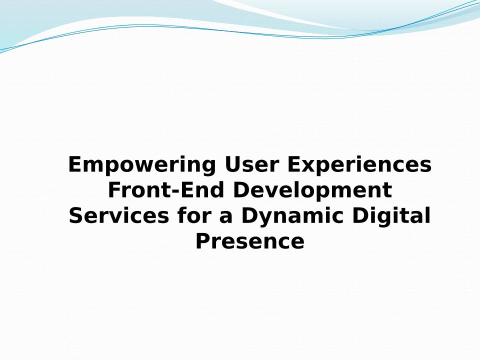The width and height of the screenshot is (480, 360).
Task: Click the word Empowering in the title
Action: pos(142,165)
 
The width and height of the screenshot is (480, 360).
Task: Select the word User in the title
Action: pos(251,164)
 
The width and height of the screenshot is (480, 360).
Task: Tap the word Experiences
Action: pos(359,165)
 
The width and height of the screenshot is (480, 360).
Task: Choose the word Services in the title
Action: pos(119,215)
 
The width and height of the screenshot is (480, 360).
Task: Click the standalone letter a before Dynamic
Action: pos(226,217)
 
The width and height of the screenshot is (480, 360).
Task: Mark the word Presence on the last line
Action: pos(250,241)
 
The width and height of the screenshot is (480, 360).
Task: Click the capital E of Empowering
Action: pos(75,164)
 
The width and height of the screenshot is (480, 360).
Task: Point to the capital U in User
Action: pos(232,164)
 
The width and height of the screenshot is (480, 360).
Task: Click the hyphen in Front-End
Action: pos(175,191)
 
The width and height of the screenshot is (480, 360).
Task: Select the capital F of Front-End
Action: pos(115,190)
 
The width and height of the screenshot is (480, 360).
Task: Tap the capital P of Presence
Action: pos(203,241)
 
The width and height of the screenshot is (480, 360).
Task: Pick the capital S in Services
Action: pos(76,215)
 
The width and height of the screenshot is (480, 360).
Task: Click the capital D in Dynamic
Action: pos(249,215)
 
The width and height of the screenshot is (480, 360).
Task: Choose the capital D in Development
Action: pos(241,190)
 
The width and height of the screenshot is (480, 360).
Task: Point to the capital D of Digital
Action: pos(360,215)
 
